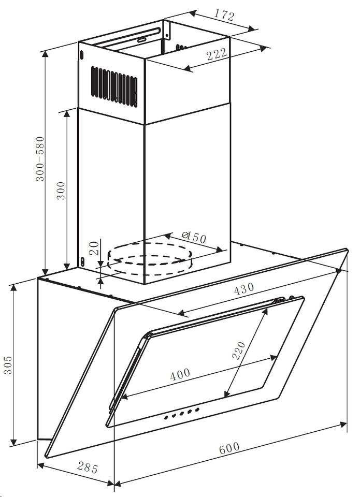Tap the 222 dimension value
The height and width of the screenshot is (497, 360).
pos(217,54)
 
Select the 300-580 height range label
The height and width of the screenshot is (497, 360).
pos(40,159)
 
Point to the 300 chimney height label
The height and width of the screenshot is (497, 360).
pos(61,191)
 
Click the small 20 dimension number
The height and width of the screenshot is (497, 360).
pos(94,248)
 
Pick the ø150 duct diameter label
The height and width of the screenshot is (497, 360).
pos(194,237)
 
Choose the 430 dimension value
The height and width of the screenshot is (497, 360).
pos(244,288)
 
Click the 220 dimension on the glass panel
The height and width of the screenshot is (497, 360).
pos(239,350)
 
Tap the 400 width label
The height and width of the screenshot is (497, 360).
pos(180,374)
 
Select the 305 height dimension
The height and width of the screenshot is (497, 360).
pos(8,364)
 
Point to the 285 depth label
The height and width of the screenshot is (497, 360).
pos(88,467)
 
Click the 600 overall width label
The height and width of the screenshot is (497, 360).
pos(229,448)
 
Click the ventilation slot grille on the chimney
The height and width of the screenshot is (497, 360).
pos(114,85)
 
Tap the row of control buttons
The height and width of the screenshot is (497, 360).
pos(182,413)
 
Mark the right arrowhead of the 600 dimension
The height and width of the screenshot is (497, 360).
pos(343,425)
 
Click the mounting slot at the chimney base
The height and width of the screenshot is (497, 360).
pos(82,261)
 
